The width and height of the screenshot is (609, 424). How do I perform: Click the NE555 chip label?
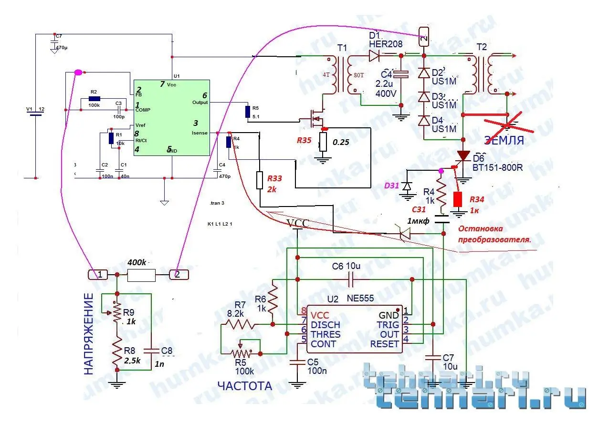[x=360, y=299]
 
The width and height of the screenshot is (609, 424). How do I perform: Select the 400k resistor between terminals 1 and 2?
[x=141, y=275]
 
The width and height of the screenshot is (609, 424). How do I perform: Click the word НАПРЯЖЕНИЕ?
[x=89, y=334]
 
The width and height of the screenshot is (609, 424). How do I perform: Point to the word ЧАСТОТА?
[x=244, y=386]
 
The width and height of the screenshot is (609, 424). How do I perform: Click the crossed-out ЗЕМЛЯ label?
[x=504, y=140]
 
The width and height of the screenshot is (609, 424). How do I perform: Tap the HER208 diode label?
[x=386, y=44]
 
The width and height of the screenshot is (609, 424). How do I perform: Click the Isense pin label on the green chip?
[x=199, y=133]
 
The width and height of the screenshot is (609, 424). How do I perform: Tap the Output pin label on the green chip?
[x=200, y=102]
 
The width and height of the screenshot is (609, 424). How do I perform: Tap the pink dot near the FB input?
[x=78, y=72]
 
